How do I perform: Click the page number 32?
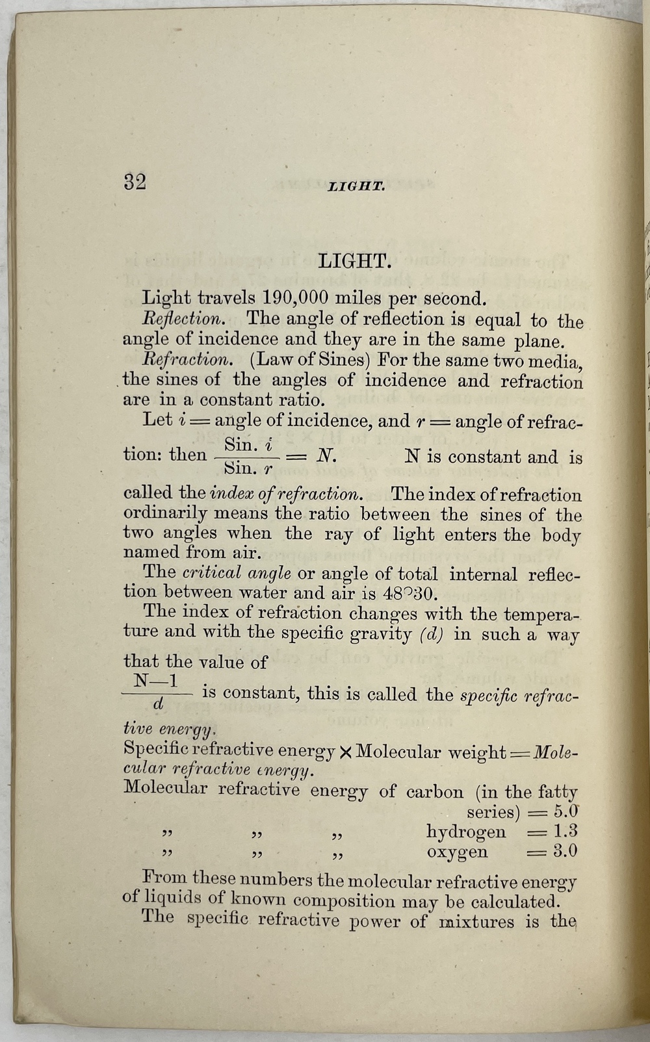click(x=135, y=182)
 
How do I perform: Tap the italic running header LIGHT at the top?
click(x=357, y=187)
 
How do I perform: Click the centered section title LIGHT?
click(x=354, y=262)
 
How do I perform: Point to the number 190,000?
click(x=297, y=298)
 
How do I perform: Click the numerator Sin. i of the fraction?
click(x=248, y=445)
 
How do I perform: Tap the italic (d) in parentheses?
click(x=432, y=634)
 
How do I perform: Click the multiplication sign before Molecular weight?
click(x=346, y=752)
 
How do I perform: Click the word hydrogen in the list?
click(x=465, y=832)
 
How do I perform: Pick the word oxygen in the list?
click(x=456, y=852)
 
